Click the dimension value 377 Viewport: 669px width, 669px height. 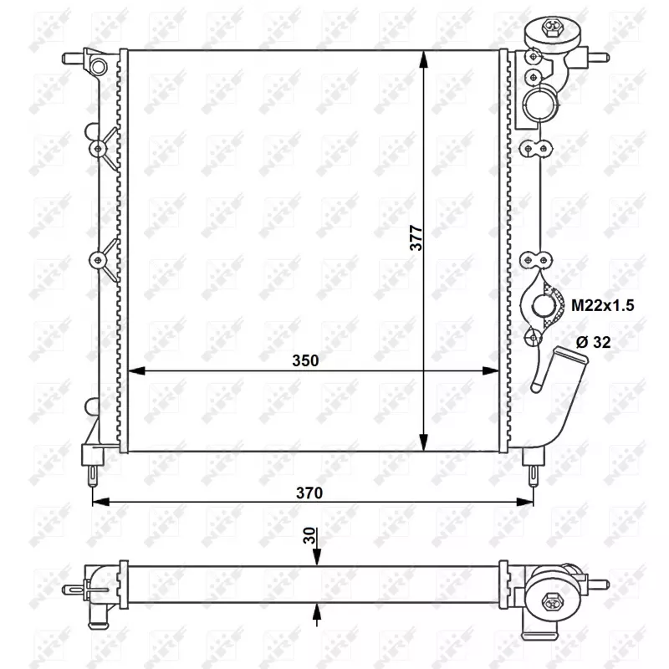pos(416,237)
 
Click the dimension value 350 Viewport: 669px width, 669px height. pos(305,360)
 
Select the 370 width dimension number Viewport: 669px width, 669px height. pos(309,493)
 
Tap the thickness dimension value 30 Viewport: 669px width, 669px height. pos(309,535)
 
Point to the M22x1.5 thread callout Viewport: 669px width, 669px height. pos(602,305)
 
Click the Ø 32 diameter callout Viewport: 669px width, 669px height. pos(593,342)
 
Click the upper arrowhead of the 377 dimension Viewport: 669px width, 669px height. pos(423,59)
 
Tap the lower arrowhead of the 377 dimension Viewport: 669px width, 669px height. pos(423,442)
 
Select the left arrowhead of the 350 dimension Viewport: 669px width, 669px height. pos(136,370)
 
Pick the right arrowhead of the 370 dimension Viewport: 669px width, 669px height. pos(525,502)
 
